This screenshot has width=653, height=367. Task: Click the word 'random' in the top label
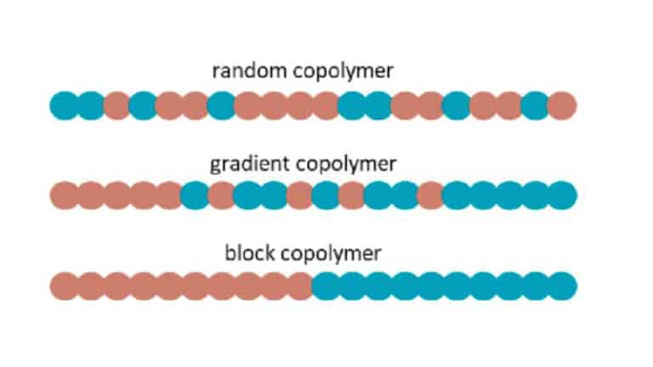[241, 69]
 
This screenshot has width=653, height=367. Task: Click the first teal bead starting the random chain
[65, 105]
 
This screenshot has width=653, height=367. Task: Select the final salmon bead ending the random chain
[562, 105]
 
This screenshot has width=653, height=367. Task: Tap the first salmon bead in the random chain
[116, 105]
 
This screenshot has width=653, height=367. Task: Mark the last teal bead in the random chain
[536, 105]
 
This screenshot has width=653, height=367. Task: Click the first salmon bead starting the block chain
[65, 286]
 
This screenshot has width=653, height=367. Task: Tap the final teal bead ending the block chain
[562, 286]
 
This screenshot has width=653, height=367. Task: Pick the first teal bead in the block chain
[326, 286]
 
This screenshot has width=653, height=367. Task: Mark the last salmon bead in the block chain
[300, 286]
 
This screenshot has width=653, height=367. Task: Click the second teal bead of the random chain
[91, 105]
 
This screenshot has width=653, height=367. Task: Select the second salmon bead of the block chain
[91, 286]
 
